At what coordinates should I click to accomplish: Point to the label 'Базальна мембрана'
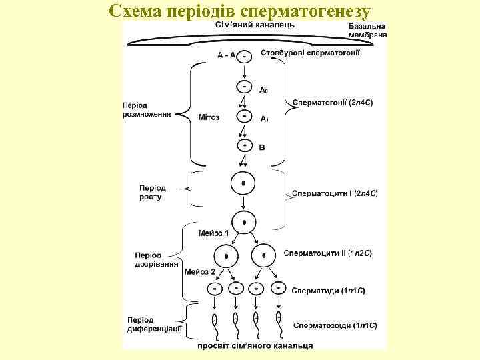(x=367, y=30)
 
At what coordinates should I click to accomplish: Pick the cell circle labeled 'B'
(x=245, y=145)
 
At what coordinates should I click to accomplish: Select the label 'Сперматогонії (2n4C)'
(x=333, y=103)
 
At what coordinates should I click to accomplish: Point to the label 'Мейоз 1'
(x=213, y=233)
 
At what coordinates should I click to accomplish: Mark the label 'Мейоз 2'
(x=200, y=272)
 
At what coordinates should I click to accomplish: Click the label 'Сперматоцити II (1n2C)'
(x=328, y=253)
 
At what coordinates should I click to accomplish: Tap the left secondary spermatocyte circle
(x=226, y=255)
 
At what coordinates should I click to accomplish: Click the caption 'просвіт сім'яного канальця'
(x=255, y=345)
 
